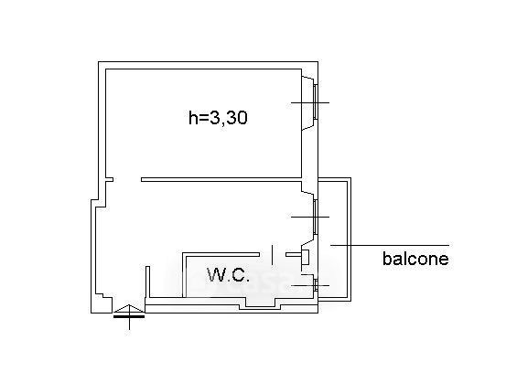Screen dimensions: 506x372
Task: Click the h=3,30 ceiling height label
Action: pos(218,117)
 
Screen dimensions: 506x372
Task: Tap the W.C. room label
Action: pos(229,275)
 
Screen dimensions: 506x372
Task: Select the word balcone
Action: pos(415,259)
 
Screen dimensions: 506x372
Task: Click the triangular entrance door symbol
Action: pos(129,309)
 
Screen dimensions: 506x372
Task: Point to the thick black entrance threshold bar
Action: pos(129,316)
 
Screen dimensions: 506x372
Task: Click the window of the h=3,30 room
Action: pos(316,102)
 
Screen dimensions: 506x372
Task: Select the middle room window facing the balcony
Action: pos(316,217)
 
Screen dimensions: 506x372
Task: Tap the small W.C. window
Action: pos(316,285)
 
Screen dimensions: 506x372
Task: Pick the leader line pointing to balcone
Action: pos(390,245)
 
